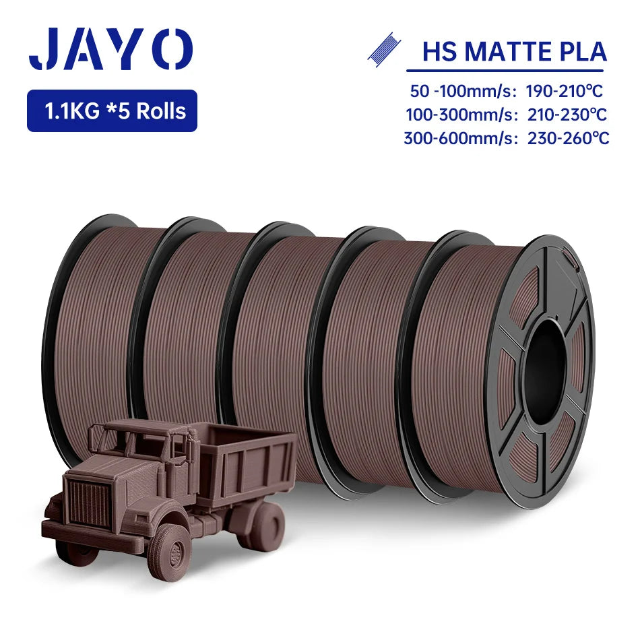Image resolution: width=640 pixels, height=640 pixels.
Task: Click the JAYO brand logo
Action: tap(110, 49)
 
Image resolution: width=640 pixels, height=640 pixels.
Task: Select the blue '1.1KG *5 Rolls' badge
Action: tap(113, 110)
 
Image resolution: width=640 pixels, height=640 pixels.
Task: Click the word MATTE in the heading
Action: tap(511, 52)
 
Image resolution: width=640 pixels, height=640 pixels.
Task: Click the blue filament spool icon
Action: tap(384, 50)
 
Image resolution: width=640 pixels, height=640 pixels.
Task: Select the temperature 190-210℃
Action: tap(564, 91)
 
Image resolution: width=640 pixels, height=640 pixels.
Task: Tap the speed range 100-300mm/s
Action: tap(461, 115)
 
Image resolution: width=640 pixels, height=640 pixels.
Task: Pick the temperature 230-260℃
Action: tap(568, 138)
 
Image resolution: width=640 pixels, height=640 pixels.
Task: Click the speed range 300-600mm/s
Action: tap(460, 138)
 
